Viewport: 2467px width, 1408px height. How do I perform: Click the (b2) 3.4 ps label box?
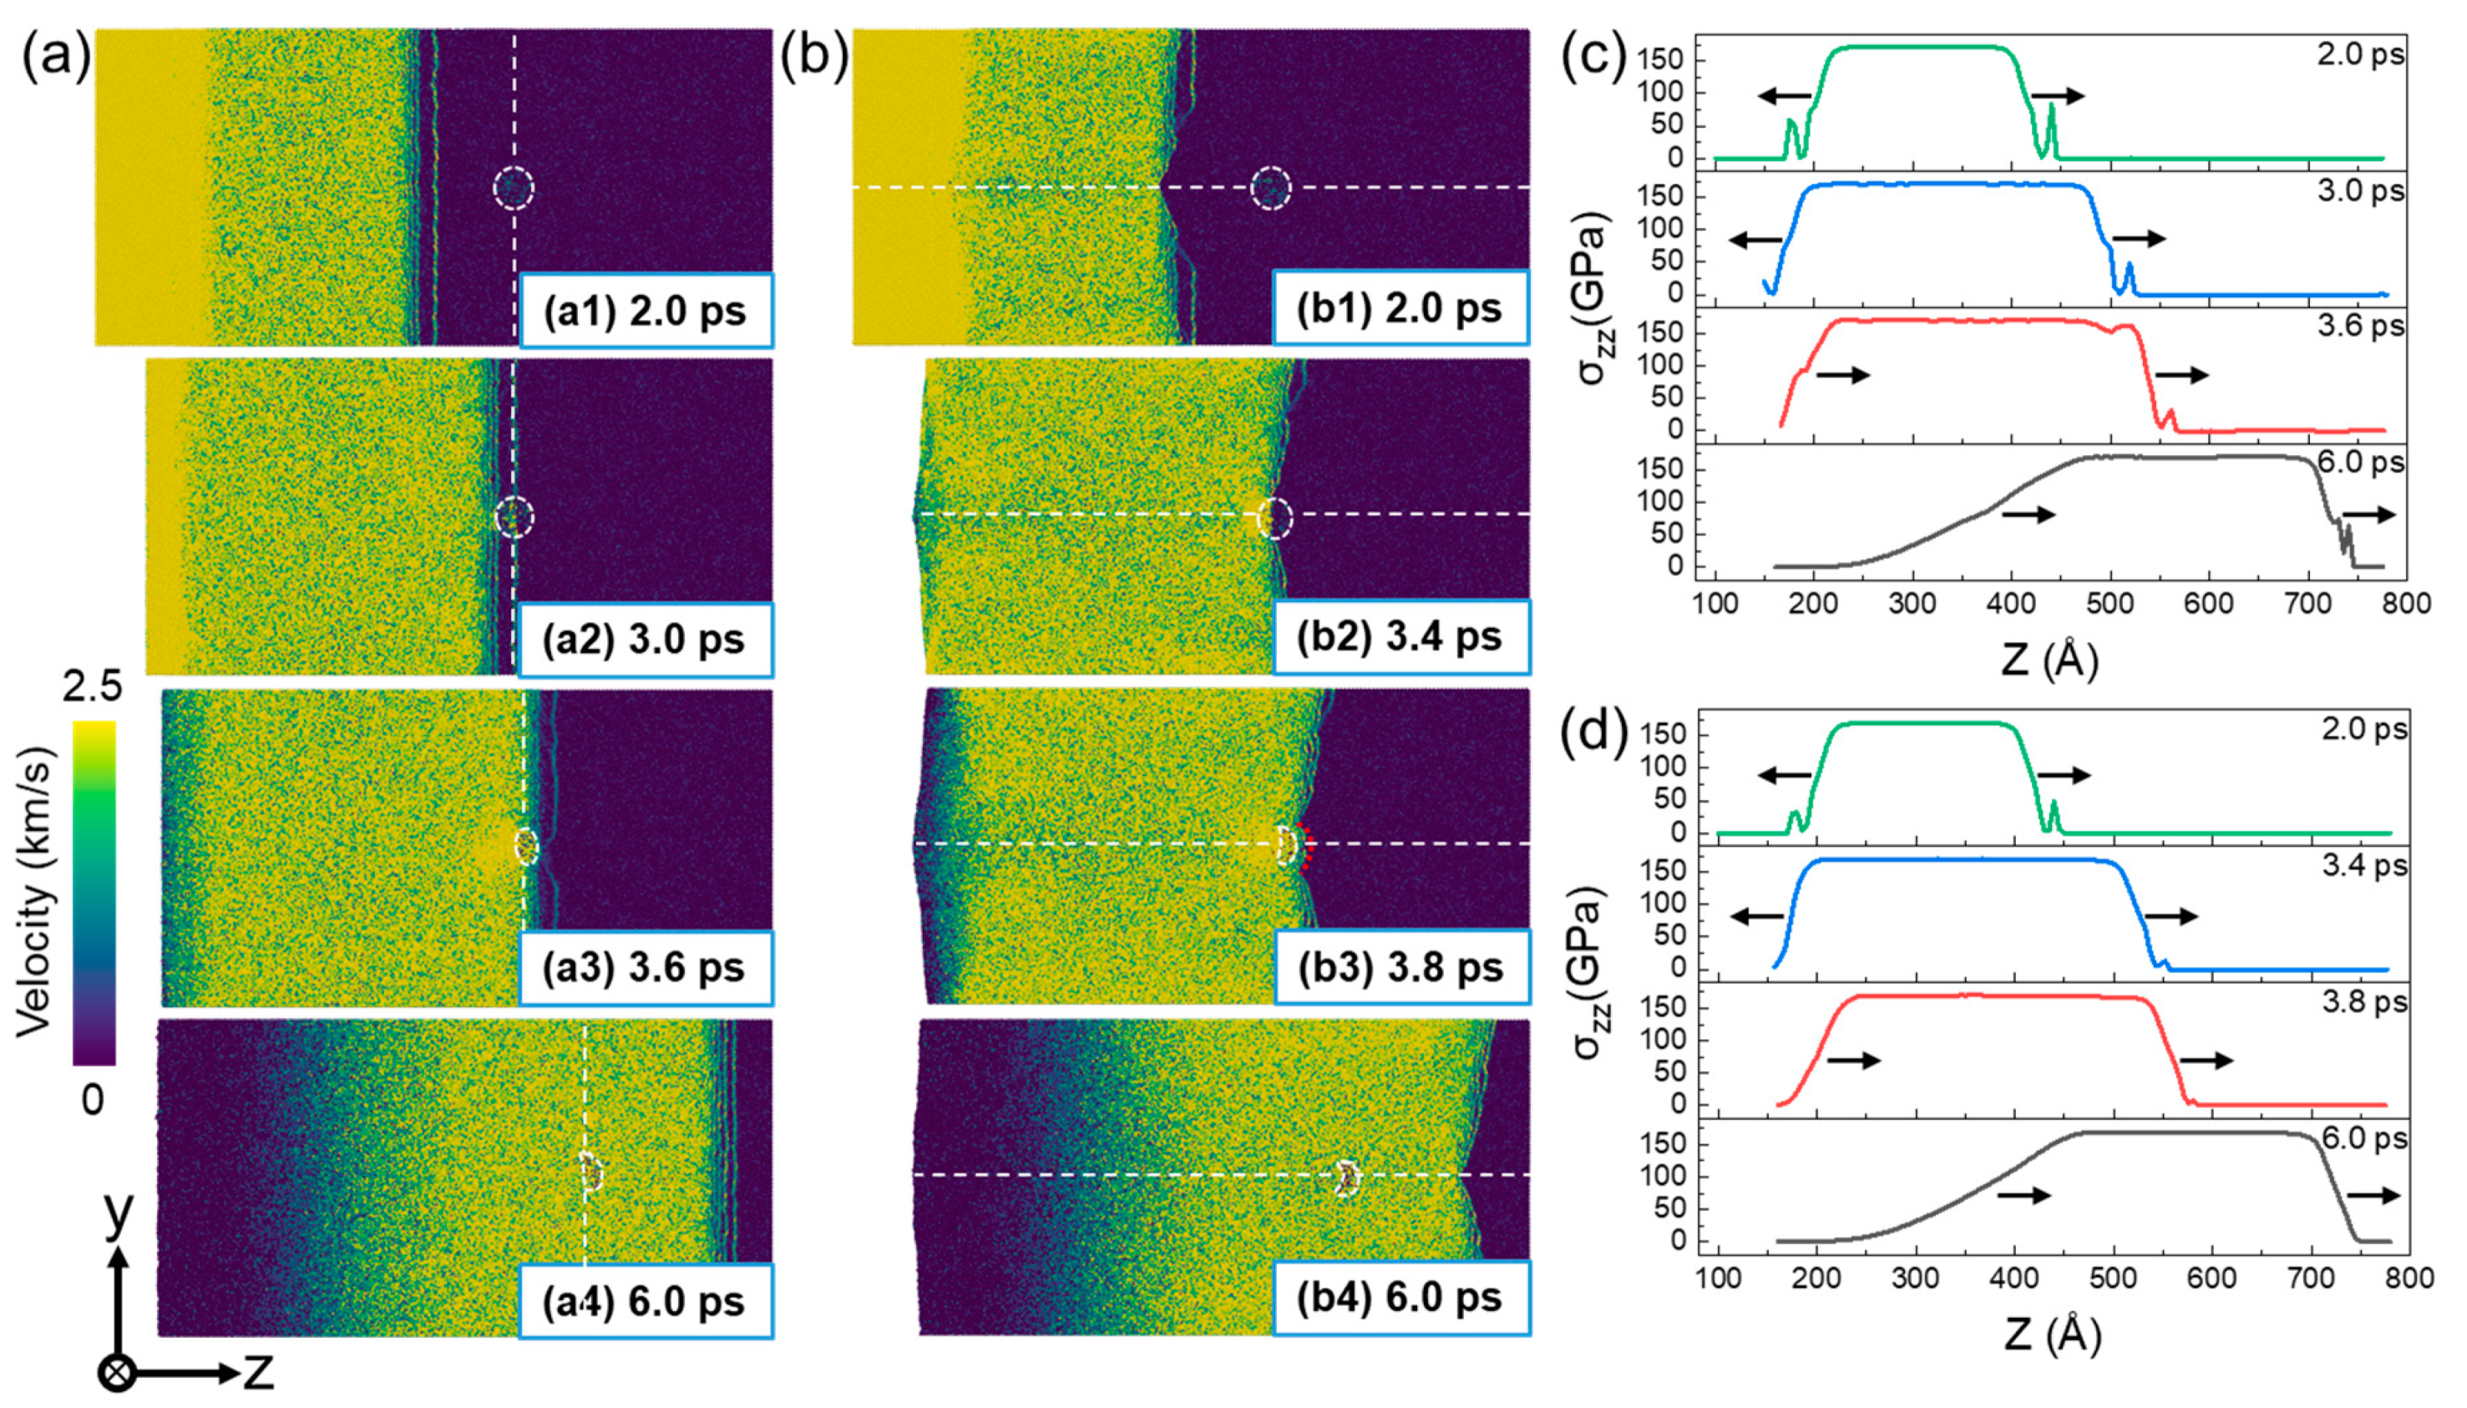click(1401, 636)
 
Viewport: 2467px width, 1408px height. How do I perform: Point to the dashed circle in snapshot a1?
click(514, 188)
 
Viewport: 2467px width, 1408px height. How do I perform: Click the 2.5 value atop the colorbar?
click(93, 686)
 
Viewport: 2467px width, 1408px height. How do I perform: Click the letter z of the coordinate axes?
click(258, 1370)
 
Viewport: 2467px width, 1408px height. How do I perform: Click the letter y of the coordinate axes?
click(118, 1213)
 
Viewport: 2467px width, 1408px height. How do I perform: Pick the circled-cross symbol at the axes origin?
click(117, 1372)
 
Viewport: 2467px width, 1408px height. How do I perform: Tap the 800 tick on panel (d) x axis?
click(2408, 1279)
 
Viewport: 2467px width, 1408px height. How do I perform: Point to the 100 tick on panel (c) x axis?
click(1715, 604)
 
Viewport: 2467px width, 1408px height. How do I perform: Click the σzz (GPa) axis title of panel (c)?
click(1596, 300)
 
